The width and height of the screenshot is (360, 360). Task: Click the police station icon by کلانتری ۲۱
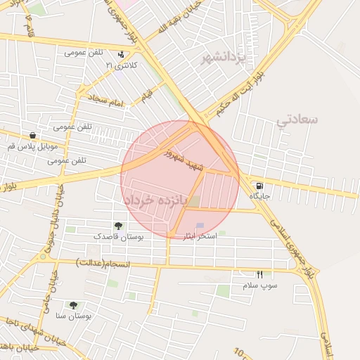(122, 53)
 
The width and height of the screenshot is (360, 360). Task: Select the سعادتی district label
(297, 119)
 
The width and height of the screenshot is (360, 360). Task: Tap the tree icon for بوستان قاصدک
(117, 226)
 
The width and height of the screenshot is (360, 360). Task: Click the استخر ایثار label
(200, 236)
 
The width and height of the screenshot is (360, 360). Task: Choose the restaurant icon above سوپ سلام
(260, 275)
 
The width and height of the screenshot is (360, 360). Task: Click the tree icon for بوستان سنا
(73, 305)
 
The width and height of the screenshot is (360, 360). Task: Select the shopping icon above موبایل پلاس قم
(33, 136)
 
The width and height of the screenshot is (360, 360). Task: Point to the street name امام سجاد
(107, 100)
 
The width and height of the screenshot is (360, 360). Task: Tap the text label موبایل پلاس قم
(32, 147)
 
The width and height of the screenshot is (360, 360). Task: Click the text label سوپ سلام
(260, 286)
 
